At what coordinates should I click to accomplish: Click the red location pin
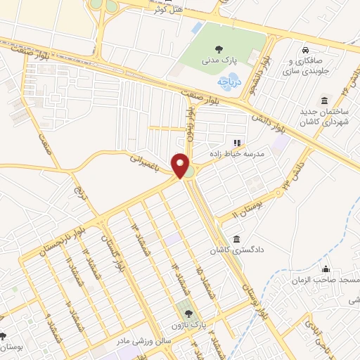coord(182,166)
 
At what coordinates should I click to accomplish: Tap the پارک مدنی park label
coord(219,63)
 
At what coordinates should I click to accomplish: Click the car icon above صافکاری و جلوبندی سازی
coord(306,51)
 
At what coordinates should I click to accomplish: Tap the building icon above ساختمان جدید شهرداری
coord(324,98)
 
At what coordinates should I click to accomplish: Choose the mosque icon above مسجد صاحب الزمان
coord(325,269)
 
